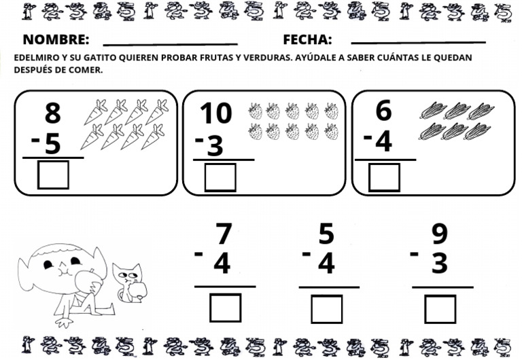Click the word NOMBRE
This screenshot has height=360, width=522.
coord(56,39)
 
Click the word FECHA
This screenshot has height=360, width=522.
coord(307,39)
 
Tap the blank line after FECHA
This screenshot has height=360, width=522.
coord(418,43)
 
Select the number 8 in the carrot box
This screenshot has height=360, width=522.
coord(52,113)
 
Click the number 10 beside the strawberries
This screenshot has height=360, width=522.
coord(215,113)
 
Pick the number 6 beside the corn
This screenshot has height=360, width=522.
coord(383,111)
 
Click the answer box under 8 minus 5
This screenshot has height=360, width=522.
coord(53,175)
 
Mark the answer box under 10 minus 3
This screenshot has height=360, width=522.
coord(220,177)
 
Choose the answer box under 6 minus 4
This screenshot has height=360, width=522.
coord(384,177)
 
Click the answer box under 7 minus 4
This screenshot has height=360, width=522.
coord(225,308)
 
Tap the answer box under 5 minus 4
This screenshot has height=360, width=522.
coord(327,309)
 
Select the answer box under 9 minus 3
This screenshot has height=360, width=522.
coord(440,309)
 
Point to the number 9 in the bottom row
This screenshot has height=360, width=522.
coord(440,234)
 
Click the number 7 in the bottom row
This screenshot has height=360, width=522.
coord(223,234)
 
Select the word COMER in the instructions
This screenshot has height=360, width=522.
coord(84,69)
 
